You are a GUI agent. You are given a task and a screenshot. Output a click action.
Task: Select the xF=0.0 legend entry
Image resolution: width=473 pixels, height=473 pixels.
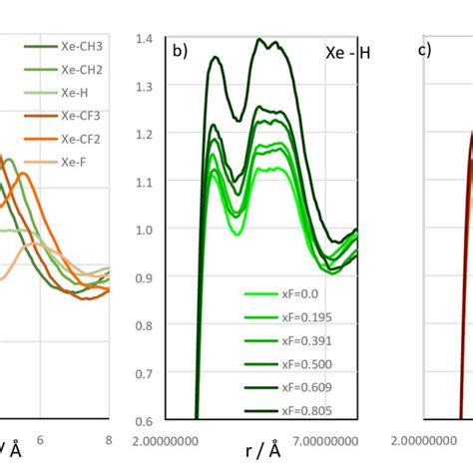296,294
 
